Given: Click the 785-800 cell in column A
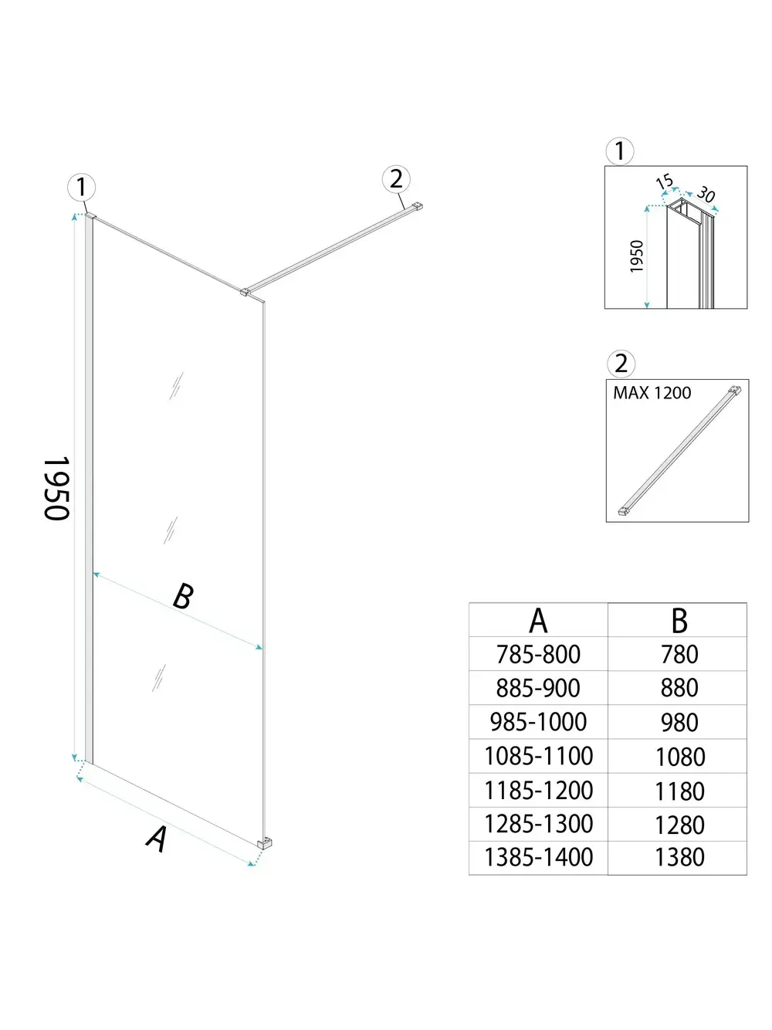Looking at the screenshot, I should [x=538, y=654].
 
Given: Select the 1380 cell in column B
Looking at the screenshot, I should [x=679, y=857].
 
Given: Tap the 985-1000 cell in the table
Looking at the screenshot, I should [x=538, y=722].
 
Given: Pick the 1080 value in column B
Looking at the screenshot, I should [x=679, y=757].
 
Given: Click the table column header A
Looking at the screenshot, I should [x=538, y=620].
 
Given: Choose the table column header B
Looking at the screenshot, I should [x=679, y=620].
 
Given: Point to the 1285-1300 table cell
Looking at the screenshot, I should [x=538, y=824].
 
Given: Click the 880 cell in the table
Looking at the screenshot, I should [x=679, y=688].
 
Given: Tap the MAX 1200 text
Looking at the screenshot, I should [x=652, y=393].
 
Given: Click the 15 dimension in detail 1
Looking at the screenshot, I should [x=664, y=182].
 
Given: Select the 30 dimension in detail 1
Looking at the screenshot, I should [x=706, y=194].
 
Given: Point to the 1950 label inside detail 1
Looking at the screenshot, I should [x=637, y=256].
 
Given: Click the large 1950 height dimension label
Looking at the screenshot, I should [x=57, y=488].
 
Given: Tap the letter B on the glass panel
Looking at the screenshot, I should [x=182, y=596].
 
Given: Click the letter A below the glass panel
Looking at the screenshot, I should [x=157, y=839].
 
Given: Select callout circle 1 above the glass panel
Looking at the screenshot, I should [x=81, y=187].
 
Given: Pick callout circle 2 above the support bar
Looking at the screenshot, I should [x=396, y=179].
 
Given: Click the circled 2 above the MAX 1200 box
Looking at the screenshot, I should [x=621, y=363].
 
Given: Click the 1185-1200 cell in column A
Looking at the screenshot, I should [x=538, y=791].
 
